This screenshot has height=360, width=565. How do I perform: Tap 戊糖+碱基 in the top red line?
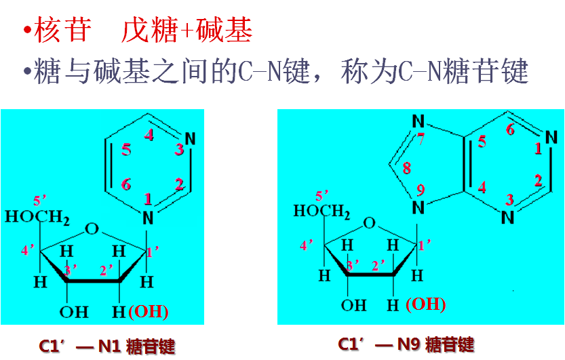coord(187,31)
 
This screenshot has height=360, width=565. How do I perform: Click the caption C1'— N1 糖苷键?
coord(106,346)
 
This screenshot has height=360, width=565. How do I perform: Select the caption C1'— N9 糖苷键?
coord(406,344)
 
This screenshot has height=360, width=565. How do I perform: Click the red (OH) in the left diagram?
coord(148,312)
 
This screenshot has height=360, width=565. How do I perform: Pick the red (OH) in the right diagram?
coord(425,304)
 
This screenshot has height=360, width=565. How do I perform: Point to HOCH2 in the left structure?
coord(37,218)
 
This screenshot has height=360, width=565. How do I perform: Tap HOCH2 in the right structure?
coord(322,212)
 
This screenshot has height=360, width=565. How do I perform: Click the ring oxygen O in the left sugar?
coord(93,228)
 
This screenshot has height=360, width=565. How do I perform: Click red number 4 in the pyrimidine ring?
coord(149,135)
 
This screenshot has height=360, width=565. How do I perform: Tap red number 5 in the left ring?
coord(126,150)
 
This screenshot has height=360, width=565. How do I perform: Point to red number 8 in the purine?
coord(407,167)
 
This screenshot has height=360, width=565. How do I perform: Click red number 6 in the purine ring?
coord(510,129)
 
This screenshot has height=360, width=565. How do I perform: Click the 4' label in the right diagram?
coord(307,245)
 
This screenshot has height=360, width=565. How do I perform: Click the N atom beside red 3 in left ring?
coord(190,140)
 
